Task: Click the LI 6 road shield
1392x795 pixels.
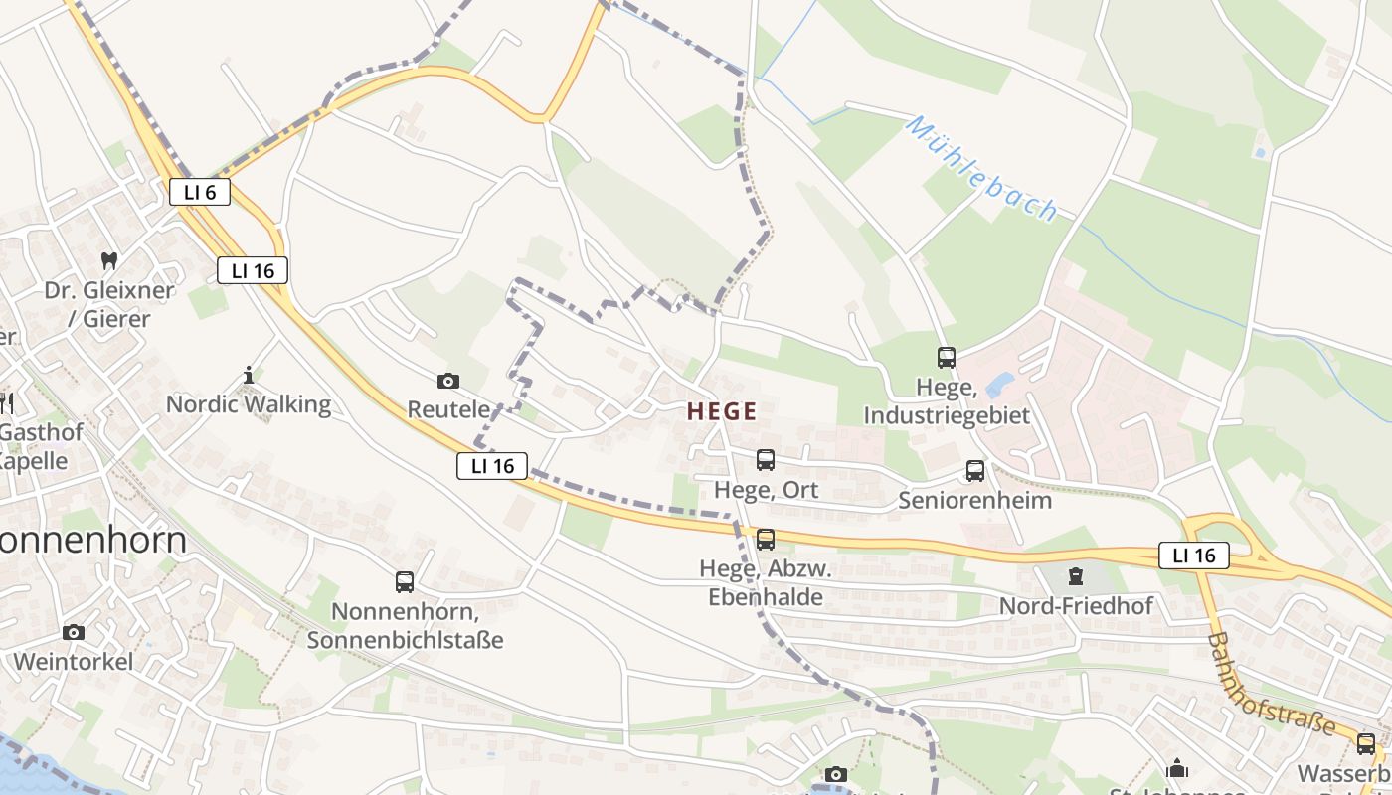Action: (200, 192)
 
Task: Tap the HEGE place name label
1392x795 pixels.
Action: (722, 411)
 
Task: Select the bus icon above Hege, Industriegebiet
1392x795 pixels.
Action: (946, 358)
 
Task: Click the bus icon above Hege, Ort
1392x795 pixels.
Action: (765, 459)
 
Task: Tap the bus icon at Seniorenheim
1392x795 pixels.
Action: (974, 471)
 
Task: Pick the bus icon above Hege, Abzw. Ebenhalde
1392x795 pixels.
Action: (765, 539)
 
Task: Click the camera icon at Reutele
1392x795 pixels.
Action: (448, 381)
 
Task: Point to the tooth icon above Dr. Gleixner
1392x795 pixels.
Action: (109, 261)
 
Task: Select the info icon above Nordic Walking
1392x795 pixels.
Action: (249, 375)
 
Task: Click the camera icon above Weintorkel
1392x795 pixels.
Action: (73, 633)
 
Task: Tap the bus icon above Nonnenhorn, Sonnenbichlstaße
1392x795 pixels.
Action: (404, 582)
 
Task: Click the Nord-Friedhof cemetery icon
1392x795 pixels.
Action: (1075, 576)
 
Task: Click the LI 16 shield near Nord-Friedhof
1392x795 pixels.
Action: (1193, 556)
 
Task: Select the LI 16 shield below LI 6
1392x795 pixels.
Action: (253, 270)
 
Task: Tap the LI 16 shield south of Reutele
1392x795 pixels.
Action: (492, 465)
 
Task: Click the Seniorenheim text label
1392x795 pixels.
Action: (974, 500)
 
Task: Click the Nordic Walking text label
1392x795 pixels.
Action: (249, 404)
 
